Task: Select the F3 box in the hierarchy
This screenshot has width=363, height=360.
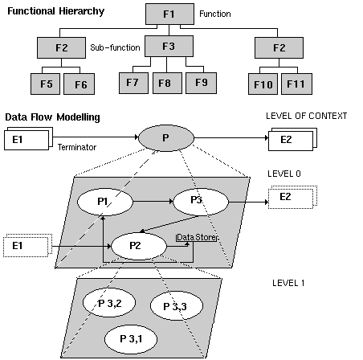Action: tap(168, 47)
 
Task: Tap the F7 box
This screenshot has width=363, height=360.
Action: tap(133, 82)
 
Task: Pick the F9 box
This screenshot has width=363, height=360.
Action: tap(201, 82)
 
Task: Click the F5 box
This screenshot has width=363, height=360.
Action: tap(46, 83)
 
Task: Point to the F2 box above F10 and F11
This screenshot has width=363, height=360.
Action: tap(279, 47)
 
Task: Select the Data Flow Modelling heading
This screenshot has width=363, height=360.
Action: tap(52, 117)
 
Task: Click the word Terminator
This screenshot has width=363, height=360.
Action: tap(77, 148)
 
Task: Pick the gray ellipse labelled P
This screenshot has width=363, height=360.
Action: tap(165, 138)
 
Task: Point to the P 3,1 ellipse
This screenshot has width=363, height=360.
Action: tap(132, 337)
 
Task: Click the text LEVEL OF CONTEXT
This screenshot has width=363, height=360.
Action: tap(306, 117)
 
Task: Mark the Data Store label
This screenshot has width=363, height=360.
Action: tap(198, 238)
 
